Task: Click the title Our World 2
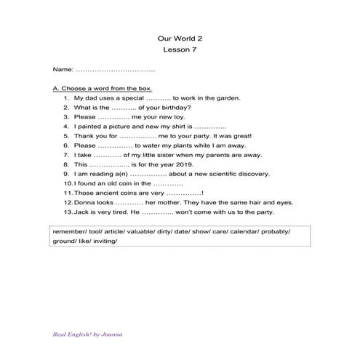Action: tap(180, 38)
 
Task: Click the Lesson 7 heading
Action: tap(180, 50)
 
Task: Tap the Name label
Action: tap(63, 69)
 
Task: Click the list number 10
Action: tap(67, 184)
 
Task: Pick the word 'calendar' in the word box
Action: tap(240, 231)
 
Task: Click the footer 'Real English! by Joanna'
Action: tap(87, 335)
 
